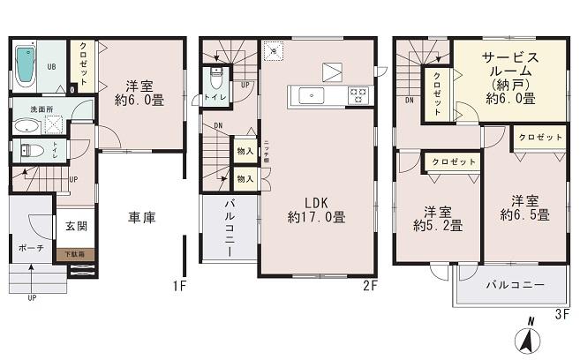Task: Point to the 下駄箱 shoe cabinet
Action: click(x=74, y=254)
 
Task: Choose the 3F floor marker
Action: click(x=562, y=311)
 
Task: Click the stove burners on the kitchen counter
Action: click(x=359, y=95)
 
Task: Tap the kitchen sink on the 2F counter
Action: click(x=313, y=95)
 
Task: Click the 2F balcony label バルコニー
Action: click(x=228, y=227)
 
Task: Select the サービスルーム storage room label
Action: click(x=509, y=79)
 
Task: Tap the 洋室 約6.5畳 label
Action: click(x=524, y=207)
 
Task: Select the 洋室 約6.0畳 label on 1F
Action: click(x=139, y=94)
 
